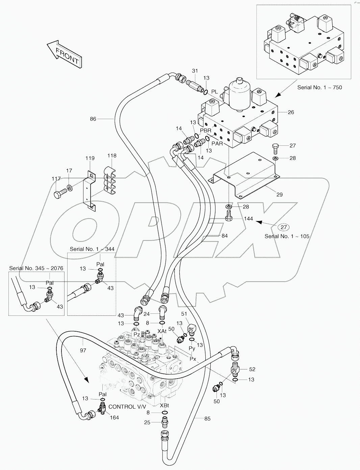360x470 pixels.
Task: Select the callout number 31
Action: pos(195,71)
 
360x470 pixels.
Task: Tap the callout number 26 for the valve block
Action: pos(291,112)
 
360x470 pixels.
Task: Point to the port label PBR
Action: pos(205,131)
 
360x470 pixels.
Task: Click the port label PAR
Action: pos(217,143)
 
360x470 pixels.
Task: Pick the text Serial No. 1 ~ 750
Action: pos(319,87)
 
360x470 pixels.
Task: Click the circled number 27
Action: pos(283,227)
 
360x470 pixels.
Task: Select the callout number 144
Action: pos(248,219)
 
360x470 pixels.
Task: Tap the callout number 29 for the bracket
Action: pos(279,194)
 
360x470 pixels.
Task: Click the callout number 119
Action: pos(90,158)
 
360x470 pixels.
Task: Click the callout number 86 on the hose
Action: pos(93,119)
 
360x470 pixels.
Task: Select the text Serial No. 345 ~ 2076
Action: pos(36,268)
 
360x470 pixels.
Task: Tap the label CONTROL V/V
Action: pos(127,407)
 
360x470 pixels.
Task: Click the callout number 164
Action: pos(114,417)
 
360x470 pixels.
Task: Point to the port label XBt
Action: pos(164,405)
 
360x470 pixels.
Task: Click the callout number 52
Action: pos(252,369)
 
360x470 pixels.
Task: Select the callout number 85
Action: pos(207,418)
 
